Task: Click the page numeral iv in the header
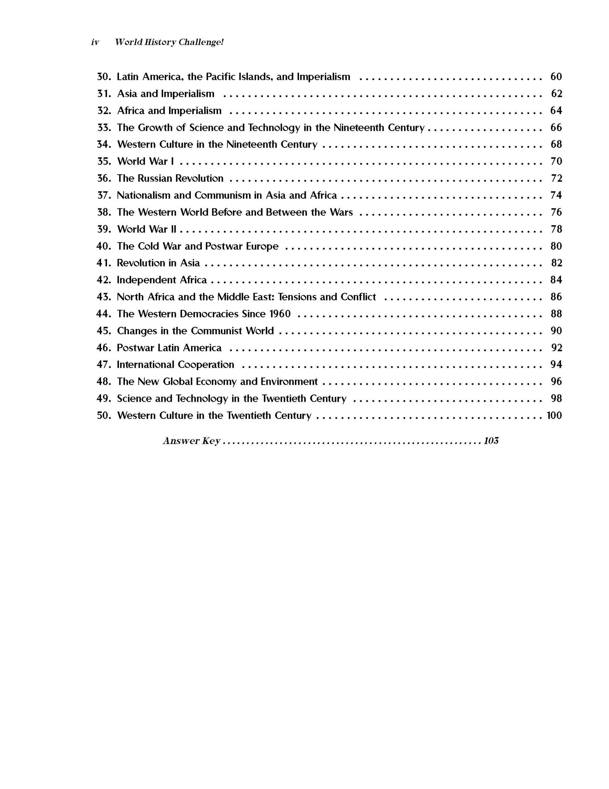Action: pos(95,42)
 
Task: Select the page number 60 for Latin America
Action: pos(556,76)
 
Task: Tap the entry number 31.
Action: pos(104,94)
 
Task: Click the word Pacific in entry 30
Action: pos(221,76)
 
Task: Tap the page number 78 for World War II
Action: pos(556,229)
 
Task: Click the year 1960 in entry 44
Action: pos(280,314)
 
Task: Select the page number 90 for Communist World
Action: pos(556,331)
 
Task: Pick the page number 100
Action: pos(554,415)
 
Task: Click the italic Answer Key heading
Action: pos(192,441)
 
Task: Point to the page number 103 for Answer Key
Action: pos(491,441)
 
